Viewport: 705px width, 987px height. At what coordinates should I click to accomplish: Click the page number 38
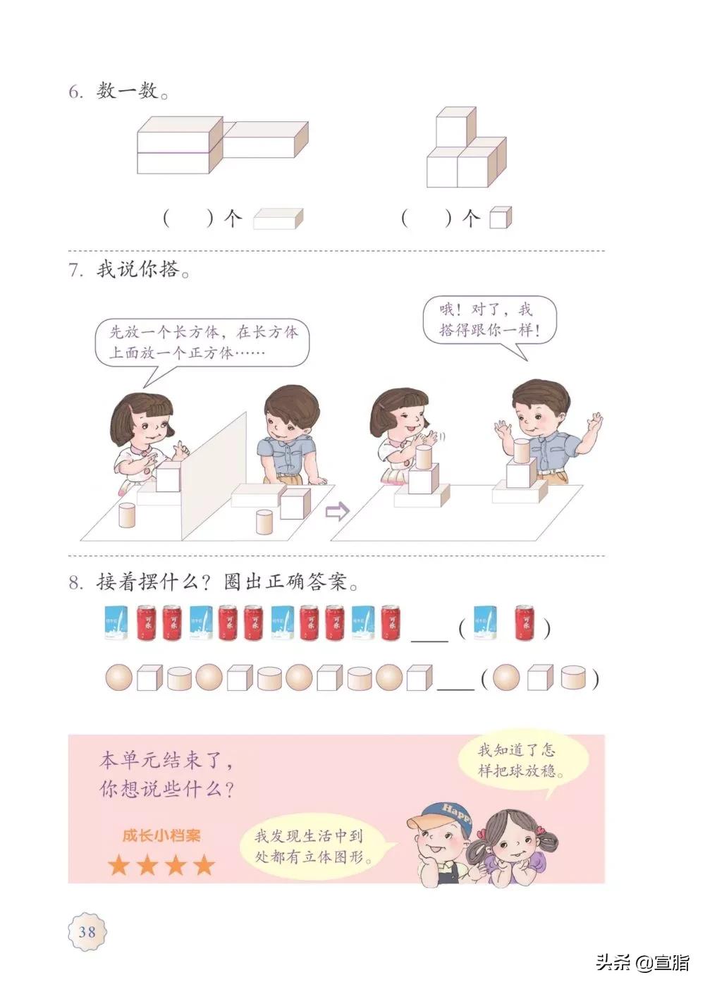(x=87, y=931)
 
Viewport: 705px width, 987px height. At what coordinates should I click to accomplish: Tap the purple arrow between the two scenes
(x=337, y=511)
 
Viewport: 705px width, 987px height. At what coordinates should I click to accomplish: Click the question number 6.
(x=75, y=92)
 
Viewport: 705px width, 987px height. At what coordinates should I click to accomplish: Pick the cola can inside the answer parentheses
(x=524, y=623)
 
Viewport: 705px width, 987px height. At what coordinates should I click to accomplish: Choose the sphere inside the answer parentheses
(x=505, y=678)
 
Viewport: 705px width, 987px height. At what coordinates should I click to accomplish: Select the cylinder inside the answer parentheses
(x=575, y=678)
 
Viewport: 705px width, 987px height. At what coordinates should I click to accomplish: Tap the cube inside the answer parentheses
(x=540, y=678)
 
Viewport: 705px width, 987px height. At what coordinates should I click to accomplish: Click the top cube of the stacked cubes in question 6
(x=455, y=127)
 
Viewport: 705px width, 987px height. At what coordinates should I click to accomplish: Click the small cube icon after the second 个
(x=500, y=219)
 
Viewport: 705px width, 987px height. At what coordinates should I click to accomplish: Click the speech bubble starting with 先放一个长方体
(x=203, y=342)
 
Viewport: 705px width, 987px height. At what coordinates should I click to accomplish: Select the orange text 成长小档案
(x=161, y=835)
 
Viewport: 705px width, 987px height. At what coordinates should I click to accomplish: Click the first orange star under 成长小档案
(x=118, y=864)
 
